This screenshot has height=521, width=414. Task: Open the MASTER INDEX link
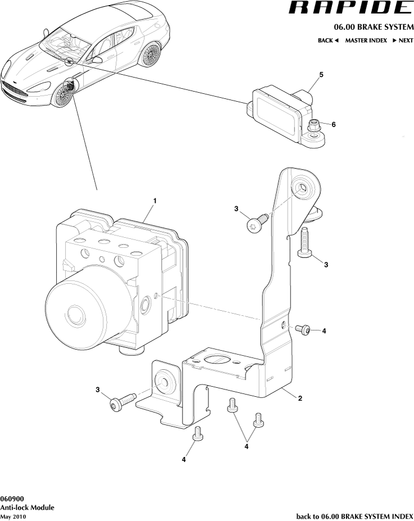coord(366,40)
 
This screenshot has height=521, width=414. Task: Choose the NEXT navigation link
coord(403,40)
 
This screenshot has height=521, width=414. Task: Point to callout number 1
coord(154,201)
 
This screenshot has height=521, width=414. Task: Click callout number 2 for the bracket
coord(300,398)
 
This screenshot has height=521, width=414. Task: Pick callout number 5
coord(321,74)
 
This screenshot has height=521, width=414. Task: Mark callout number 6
coord(333,124)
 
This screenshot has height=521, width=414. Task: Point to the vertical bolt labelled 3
coord(304,243)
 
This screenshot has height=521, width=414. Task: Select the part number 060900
coord(12,499)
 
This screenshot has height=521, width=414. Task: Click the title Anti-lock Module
coord(27,507)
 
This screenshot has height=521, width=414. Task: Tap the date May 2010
coord(13,516)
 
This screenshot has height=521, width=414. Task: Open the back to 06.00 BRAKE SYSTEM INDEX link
coord(354,516)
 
